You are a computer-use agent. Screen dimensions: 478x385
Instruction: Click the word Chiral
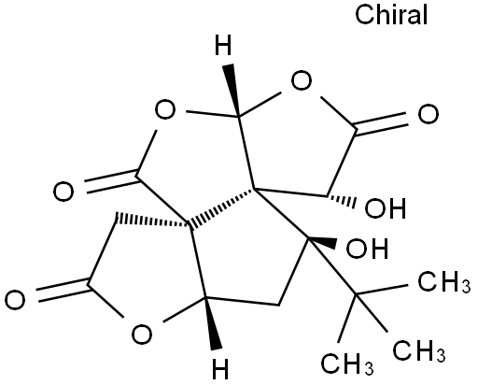(x=391, y=15)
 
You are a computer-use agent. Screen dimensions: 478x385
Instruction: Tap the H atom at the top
(x=223, y=46)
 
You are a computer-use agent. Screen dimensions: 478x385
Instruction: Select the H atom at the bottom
(x=220, y=369)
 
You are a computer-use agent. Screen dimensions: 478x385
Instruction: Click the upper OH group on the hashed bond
(x=386, y=207)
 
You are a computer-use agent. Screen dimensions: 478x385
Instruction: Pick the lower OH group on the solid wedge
(x=367, y=249)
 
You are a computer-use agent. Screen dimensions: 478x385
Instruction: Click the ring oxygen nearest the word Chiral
(x=302, y=80)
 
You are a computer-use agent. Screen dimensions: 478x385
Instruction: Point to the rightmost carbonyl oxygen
(x=429, y=114)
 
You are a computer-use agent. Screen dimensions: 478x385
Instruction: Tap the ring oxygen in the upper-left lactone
(x=165, y=109)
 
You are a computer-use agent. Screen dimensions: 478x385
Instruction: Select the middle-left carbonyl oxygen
(x=63, y=191)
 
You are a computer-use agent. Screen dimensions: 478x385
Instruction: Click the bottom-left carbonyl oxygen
(x=15, y=300)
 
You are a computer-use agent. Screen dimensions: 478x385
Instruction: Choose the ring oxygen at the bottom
(x=142, y=334)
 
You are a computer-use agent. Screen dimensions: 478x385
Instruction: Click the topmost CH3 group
(x=443, y=282)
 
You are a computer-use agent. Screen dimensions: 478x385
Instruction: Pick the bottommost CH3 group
(x=347, y=364)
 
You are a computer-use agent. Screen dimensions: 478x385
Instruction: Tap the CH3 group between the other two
(x=419, y=350)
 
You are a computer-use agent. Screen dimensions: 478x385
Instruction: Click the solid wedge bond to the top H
(x=232, y=91)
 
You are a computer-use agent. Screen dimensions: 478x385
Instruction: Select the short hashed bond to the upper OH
(x=341, y=200)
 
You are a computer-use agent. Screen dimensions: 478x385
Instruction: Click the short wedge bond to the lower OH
(x=322, y=243)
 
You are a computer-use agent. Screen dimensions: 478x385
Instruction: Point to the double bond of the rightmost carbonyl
(x=382, y=124)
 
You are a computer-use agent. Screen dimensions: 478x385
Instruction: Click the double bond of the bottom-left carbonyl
(x=63, y=290)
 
